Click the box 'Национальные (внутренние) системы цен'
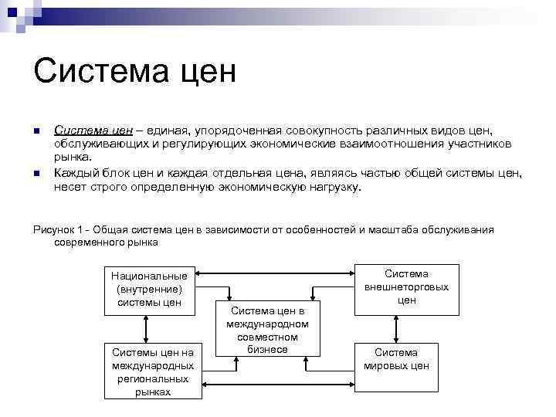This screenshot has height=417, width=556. [x=150, y=289]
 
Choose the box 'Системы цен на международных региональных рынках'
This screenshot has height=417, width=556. [x=152, y=369]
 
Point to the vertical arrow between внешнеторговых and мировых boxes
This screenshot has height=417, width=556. [x=407, y=327]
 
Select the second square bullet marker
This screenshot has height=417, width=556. [x=36, y=173]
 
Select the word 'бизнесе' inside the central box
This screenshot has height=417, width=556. [x=267, y=350]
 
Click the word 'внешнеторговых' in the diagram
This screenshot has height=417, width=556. [x=407, y=287]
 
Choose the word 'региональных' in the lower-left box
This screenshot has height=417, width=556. [x=152, y=379]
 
